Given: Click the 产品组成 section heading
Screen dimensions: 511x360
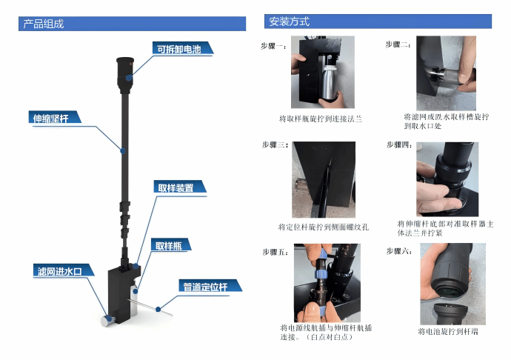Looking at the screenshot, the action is [44, 24].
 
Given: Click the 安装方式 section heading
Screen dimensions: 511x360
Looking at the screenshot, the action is [289, 21].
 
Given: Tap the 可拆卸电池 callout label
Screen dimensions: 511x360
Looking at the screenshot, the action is [179, 49].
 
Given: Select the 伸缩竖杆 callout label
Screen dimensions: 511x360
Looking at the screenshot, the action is [51, 119].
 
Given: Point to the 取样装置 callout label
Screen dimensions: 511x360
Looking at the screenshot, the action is [176, 188].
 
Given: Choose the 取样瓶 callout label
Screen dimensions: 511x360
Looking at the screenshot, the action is [169, 245].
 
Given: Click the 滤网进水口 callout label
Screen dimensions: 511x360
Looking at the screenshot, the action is [60, 271].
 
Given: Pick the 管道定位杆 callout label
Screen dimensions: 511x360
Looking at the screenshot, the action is [205, 287].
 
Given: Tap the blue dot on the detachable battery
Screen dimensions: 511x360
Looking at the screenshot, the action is [130, 78].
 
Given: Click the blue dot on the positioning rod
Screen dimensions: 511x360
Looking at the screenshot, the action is [158, 309].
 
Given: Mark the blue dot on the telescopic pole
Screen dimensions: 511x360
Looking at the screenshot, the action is [123, 151].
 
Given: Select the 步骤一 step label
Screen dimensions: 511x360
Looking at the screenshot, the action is [274, 47].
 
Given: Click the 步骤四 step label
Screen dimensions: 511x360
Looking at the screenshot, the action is [399, 144].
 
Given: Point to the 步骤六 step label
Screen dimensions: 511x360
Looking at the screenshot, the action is [399, 251].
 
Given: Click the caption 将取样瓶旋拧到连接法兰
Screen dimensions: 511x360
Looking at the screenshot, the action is [321, 119].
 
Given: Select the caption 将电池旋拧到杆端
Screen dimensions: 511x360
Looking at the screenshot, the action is [448, 332].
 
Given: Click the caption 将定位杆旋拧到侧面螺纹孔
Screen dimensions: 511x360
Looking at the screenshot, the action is [324, 227].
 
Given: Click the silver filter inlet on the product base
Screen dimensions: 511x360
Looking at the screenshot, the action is [107, 320].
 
